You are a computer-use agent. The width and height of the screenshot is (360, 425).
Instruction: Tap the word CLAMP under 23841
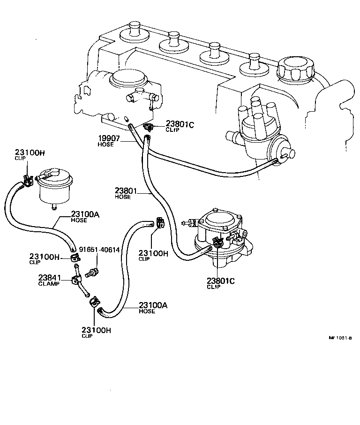click(49, 283)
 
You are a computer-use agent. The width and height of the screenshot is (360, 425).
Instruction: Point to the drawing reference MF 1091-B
click(340, 337)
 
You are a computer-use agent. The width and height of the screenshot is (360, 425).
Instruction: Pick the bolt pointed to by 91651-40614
click(92, 273)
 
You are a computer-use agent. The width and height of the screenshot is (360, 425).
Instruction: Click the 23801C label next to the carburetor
click(179, 124)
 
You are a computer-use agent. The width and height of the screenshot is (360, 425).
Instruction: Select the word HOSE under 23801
click(122, 197)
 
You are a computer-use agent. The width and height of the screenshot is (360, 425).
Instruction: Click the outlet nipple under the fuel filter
click(54, 205)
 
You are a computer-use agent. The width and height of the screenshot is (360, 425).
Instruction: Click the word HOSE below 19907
click(106, 145)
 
